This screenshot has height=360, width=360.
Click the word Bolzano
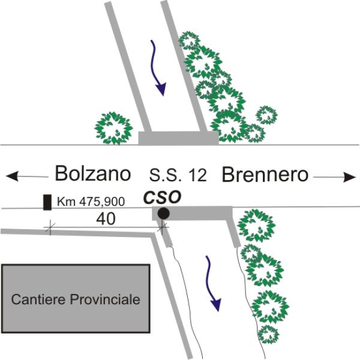pos(93,173)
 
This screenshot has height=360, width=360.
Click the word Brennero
pos(265,175)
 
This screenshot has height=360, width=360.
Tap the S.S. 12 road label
pos(178,175)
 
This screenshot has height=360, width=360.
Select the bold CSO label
pos(163,197)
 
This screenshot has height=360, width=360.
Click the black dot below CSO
pos(163,214)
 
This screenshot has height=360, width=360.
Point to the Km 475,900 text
pos(91,202)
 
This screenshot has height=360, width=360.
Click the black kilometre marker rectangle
pos(47,202)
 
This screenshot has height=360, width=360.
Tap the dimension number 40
pos(106,219)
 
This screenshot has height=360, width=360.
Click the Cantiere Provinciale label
pos(76,299)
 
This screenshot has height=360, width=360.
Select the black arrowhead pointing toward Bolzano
pos(12,176)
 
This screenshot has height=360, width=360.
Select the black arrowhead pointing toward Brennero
pos(349,177)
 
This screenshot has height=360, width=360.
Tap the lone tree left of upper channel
pos(113,128)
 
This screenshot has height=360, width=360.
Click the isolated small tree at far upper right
pos(266,115)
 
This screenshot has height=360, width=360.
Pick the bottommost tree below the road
pos(268,334)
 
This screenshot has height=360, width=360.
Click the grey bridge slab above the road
pos(178,138)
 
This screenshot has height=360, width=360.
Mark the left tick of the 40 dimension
pos(50,228)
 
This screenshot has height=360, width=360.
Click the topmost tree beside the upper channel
pos(190,41)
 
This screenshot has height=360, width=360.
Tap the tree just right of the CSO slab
pos(256,226)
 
